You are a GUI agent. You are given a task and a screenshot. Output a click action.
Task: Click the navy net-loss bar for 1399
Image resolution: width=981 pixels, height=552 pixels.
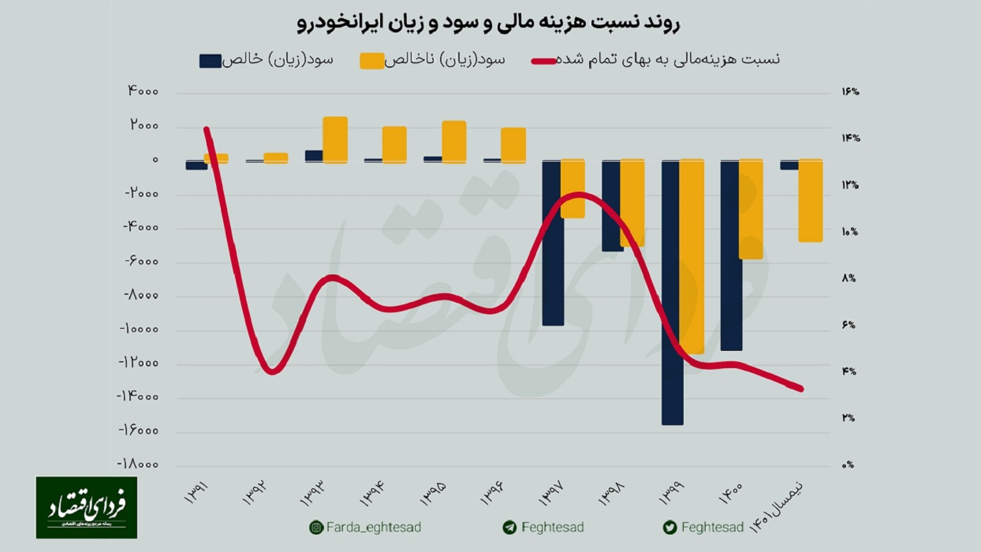[672, 292]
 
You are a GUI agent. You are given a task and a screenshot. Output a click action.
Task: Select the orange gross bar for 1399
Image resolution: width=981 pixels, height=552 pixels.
[692, 256]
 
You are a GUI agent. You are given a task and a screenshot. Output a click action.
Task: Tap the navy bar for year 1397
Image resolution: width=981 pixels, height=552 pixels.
[553, 243]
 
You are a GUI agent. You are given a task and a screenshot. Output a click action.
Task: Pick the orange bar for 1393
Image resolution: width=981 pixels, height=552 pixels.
[335, 140]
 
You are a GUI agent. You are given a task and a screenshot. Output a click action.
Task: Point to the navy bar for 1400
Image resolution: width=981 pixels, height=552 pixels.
[731, 255]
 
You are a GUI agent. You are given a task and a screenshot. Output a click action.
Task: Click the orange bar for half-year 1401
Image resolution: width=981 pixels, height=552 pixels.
[811, 201]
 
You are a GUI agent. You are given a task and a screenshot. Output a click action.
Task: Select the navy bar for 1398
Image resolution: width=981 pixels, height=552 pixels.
[612, 206]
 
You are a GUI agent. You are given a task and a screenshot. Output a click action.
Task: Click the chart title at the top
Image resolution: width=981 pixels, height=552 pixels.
[490, 24]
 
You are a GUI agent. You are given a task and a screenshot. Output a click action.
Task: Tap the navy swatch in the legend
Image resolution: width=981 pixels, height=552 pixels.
[211, 61]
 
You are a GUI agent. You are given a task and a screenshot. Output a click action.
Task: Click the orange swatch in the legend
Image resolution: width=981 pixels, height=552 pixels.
[371, 61]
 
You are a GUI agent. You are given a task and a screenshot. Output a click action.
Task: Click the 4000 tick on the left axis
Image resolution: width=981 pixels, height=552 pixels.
[143, 92]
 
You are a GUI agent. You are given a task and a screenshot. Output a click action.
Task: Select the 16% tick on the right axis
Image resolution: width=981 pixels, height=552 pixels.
[849, 92]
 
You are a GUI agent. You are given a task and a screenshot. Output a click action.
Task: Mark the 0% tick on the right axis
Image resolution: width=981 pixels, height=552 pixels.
[848, 465]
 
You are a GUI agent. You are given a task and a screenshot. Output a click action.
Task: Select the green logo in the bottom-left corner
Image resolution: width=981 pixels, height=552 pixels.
[86, 507]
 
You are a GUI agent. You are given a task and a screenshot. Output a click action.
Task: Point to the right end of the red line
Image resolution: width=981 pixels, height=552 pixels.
[800, 389]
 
